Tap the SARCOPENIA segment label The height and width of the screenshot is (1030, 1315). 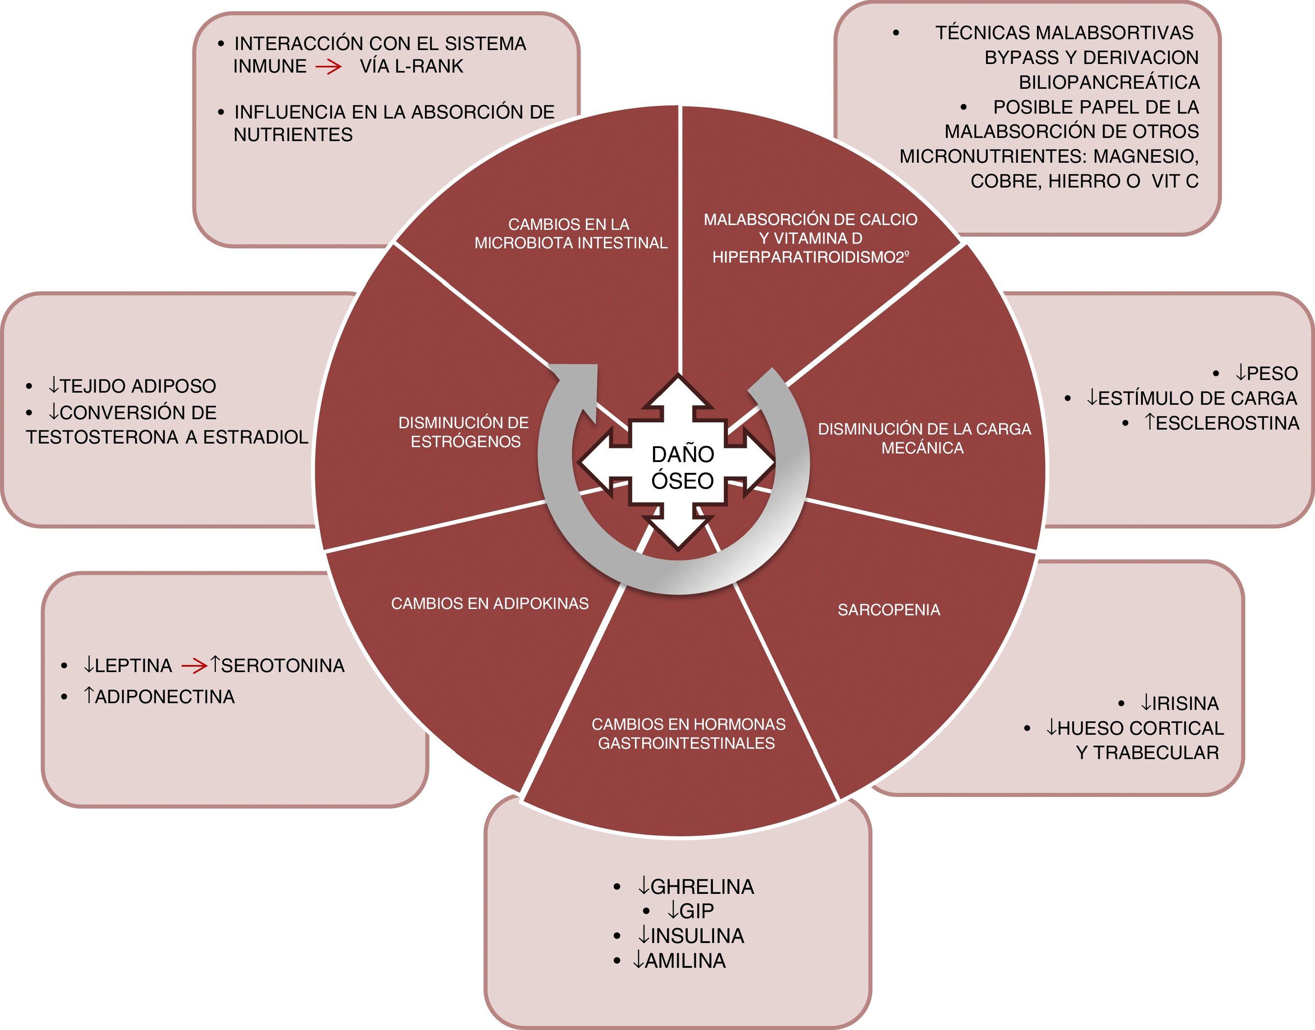coord(888,610)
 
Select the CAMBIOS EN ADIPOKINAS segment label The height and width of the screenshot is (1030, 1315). coord(489,604)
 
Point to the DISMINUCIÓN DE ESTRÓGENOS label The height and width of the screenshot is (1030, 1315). coord(464,432)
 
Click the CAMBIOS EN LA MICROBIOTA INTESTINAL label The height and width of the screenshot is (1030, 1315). coord(571,233)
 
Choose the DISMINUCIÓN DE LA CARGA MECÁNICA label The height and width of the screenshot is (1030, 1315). coord(924,439)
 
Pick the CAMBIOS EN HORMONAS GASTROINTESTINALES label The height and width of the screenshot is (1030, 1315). coord(688,733)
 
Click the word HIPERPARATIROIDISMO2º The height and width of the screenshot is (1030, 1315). coord(810,257)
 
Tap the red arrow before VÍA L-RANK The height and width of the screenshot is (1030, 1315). coord(329,67)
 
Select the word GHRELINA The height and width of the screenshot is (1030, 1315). coord(702,887)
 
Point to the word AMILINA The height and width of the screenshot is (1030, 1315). coord(685,961)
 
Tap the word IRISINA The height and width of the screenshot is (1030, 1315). coord(1186,703)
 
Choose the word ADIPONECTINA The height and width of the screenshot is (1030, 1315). coord(164,697)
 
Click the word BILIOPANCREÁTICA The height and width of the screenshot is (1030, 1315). coord(1109,82)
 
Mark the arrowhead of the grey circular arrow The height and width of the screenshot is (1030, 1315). coord(579,386)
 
